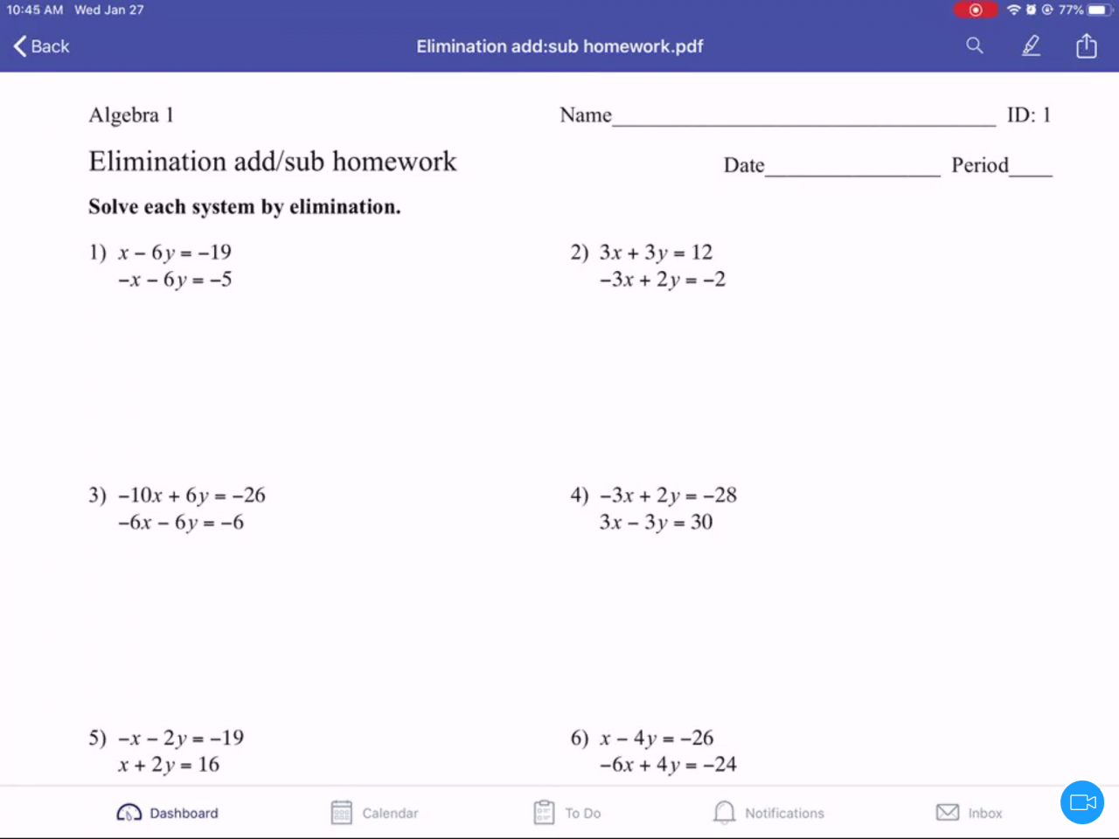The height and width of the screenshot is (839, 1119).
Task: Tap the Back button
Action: pyautogui.click(x=41, y=46)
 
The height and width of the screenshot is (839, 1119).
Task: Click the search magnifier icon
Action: pyautogui.click(x=975, y=45)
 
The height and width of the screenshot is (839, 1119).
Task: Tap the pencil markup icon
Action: pyautogui.click(x=1032, y=45)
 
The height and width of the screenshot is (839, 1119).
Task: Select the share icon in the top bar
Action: pyautogui.click(x=1086, y=45)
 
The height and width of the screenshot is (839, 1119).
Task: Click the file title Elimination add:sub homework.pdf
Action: pyautogui.click(x=559, y=46)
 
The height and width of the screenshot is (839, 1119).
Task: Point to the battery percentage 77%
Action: pyautogui.click(x=1071, y=10)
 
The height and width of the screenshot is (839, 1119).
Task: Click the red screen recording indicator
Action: pyautogui.click(x=975, y=10)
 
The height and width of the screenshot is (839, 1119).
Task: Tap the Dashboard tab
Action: pyautogui.click(x=168, y=813)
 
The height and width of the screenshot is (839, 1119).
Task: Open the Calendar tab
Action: pyautogui.click(x=375, y=813)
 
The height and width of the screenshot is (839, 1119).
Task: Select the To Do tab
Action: pyautogui.click(x=567, y=813)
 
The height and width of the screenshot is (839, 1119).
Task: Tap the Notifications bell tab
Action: pyautogui.click(x=768, y=813)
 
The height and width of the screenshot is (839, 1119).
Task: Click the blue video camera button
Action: pyautogui.click(x=1082, y=802)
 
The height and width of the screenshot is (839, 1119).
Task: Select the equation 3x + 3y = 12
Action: pyautogui.click(x=656, y=253)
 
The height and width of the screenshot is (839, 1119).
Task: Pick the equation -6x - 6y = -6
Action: pyautogui.click(x=181, y=523)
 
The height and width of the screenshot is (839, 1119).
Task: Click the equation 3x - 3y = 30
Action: pyautogui.click(x=656, y=523)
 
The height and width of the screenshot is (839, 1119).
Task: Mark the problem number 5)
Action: pyautogui.click(x=97, y=738)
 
